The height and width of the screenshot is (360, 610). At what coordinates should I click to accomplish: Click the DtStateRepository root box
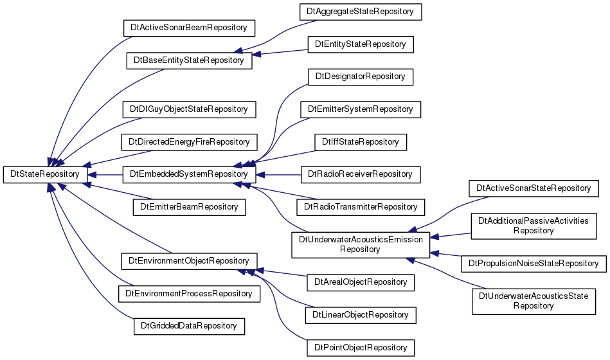(45, 174)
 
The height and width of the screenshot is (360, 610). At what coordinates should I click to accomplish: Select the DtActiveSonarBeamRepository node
(189, 28)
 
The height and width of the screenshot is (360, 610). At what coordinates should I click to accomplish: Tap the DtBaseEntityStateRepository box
(189, 60)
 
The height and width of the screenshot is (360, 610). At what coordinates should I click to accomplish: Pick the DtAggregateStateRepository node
(360, 12)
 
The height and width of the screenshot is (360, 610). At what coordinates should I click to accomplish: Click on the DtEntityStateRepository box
(360, 44)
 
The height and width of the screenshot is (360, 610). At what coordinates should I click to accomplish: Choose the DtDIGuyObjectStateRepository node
(189, 109)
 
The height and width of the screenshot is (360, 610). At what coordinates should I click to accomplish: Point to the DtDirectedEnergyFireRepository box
(189, 142)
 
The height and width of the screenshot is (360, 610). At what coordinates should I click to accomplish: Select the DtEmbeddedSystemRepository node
(189, 174)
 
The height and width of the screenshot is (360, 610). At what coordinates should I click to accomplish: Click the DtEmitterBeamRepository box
(189, 207)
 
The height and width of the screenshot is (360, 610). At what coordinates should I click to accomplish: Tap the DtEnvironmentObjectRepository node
(189, 261)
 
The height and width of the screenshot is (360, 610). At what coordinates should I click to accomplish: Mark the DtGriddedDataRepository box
(189, 326)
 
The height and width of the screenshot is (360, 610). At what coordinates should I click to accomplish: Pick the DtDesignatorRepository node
(360, 77)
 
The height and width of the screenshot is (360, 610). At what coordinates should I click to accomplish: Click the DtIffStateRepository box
(360, 142)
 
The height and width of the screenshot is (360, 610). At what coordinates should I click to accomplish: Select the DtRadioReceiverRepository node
(360, 174)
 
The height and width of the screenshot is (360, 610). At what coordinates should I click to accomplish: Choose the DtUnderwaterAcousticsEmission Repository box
(360, 245)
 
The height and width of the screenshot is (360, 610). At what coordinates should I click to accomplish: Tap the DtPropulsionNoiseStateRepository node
(534, 264)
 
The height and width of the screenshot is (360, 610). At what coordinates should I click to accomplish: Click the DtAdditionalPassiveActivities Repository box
(534, 226)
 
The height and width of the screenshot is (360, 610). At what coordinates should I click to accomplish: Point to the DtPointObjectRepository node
(360, 348)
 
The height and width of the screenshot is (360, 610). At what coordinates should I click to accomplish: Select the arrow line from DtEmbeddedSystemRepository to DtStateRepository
(105, 175)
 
